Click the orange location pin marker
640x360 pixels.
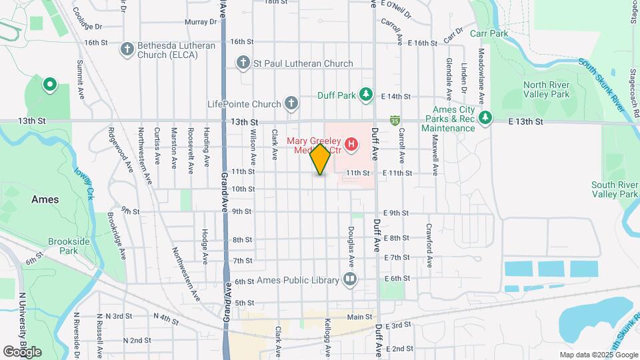point(321,159)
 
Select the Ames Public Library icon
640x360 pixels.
point(349,279)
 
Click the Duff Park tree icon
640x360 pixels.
point(365,95)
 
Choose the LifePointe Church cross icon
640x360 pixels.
point(291,104)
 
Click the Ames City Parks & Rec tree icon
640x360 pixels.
point(486,118)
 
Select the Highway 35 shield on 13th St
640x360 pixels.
point(395,121)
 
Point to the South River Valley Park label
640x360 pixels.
point(614,189)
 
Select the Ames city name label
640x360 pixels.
point(45,199)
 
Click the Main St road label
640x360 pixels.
point(359,317)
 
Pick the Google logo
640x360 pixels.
point(22,351)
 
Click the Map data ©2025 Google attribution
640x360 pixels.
point(598,355)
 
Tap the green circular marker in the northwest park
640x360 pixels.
point(49,85)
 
